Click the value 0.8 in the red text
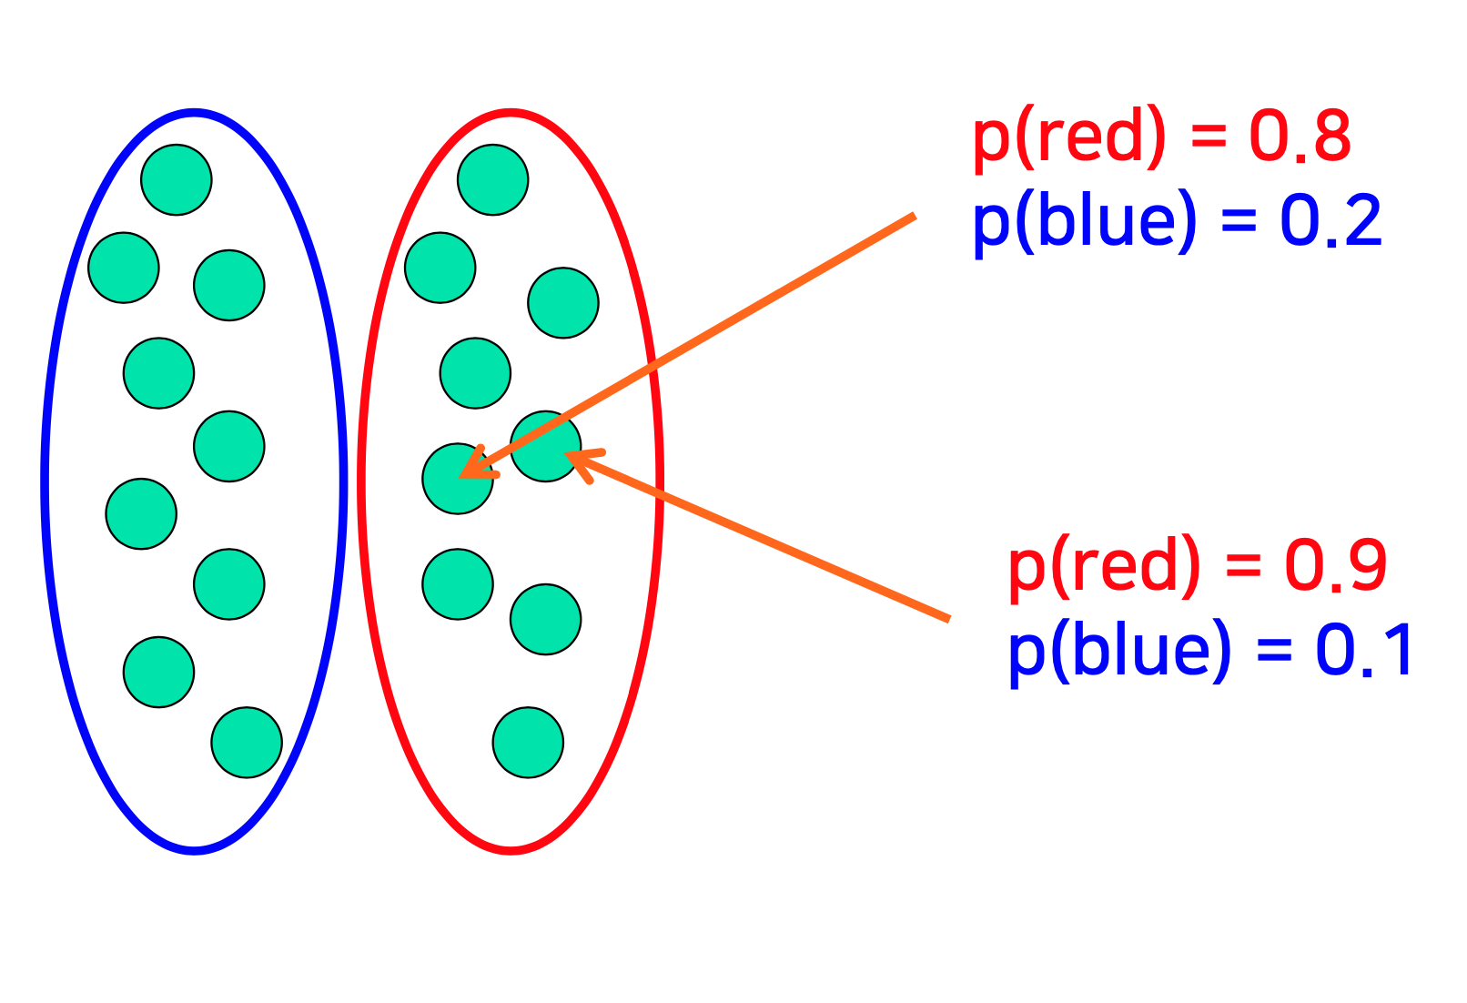[x=1300, y=137]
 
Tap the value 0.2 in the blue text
[x=1330, y=221]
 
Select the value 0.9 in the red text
[x=1335, y=565]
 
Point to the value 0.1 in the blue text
[x=1364, y=650]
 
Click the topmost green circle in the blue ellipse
[x=177, y=179]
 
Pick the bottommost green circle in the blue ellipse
[x=247, y=742]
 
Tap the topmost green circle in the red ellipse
[x=492, y=179]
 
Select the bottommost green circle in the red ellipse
[x=528, y=742]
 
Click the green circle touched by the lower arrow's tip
[x=545, y=446]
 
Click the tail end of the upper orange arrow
[x=912, y=217]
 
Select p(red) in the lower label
[x=1104, y=567]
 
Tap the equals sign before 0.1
[x=1274, y=651]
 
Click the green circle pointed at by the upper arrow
[x=457, y=479]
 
